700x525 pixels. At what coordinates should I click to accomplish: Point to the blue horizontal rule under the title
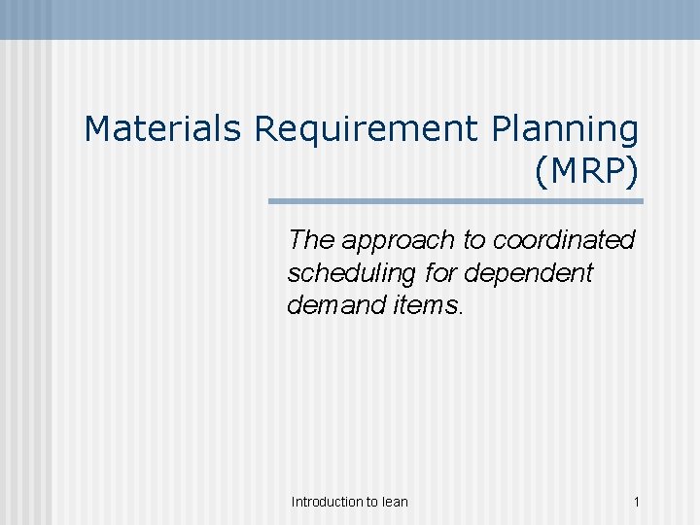(x=456, y=202)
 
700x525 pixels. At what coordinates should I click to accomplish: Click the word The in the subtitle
(x=310, y=240)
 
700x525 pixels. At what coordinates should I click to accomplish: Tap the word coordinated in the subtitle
(x=565, y=240)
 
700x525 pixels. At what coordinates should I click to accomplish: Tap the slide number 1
(x=636, y=502)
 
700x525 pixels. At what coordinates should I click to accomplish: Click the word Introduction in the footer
(x=327, y=502)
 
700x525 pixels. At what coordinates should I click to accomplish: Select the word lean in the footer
(x=395, y=502)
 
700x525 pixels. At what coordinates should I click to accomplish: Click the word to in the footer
(x=372, y=502)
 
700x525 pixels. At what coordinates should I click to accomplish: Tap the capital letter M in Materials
(x=97, y=127)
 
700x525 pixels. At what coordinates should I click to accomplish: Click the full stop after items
(x=459, y=312)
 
